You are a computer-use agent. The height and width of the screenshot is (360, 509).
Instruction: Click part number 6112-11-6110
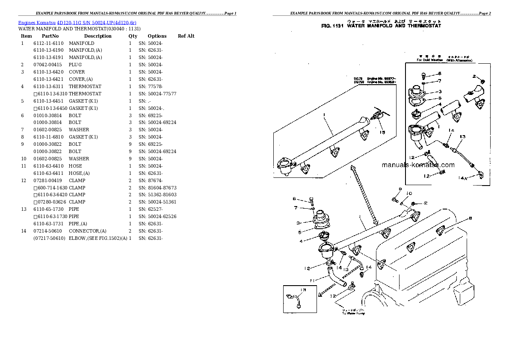coord(48,43)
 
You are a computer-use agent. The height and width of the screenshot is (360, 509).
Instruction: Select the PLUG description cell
coord(75,65)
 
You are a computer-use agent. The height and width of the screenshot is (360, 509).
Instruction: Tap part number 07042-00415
coord(48,65)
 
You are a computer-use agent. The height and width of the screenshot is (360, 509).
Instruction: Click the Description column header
coord(98,36)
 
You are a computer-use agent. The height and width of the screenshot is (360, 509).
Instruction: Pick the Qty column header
coord(133,36)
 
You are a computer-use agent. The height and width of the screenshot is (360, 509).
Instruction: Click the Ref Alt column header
coord(186,36)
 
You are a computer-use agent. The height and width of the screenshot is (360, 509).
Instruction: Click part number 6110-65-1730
coord(48,209)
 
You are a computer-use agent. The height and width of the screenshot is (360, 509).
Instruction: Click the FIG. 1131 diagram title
coord(381,26)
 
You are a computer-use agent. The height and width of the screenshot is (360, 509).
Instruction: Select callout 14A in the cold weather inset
coord(474,177)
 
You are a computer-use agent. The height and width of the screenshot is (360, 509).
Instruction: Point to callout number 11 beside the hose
coord(312,280)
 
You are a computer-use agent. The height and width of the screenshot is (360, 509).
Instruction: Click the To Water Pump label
coord(353,313)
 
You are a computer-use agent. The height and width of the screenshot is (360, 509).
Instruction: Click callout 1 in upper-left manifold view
coord(325,114)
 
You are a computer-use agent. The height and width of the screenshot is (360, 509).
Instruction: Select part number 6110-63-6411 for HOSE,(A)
coord(48,173)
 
